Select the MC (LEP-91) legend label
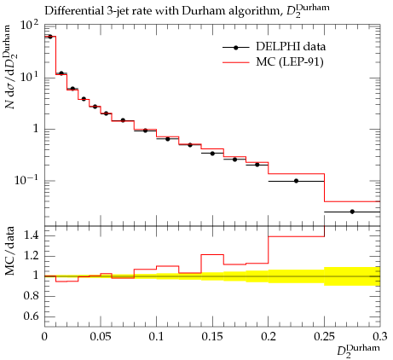(290, 61)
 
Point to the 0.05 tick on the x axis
(101, 337)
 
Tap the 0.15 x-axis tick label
(212, 337)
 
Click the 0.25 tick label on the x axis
(324, 337)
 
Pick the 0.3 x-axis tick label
(380, 337)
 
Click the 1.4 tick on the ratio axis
(32, 235)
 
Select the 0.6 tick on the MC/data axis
(32, 316)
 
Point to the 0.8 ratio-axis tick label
(32, 296)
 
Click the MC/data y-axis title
(9, 251)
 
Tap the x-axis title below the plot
(358, 351)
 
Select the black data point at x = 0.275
(352, 212)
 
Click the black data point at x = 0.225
(296, 181)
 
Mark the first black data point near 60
(50, 37)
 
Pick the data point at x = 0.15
(212, 154)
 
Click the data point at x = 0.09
(145, 131)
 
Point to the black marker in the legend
(235, 48)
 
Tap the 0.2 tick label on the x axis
(269, 337)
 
